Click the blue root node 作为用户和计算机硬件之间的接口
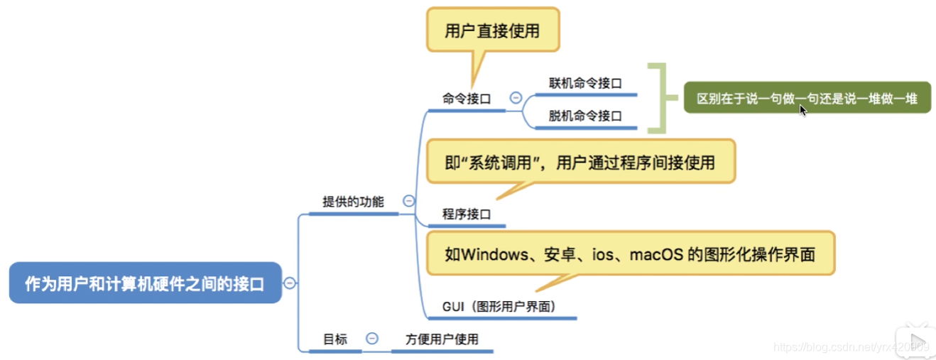tap(145, 284)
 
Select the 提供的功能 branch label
tap(353, 202)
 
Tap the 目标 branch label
tap(335, 339)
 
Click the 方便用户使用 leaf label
tap(442, 339)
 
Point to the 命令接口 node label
tap(467, 99)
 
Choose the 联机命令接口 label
tap(585, 83)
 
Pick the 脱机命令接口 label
tap(585, 116)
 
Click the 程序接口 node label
tap(467, 214)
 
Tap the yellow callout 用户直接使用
tap(492, 31)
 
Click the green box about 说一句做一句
tap(807, 98)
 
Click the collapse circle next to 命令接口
tap(516, 99)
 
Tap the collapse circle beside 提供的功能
tap(408, 201)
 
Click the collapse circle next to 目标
tap(372, 339)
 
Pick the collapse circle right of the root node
tap(290, 283)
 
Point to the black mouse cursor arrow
tap(803, 110)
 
